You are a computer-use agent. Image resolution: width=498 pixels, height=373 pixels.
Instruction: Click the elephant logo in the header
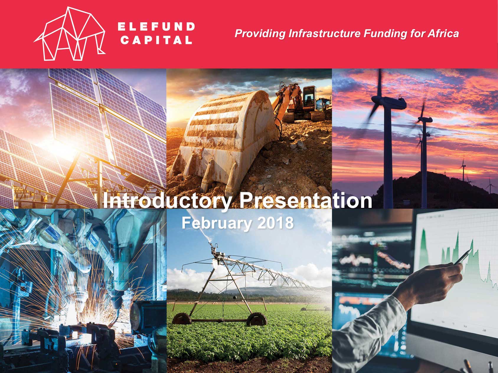(70, 34)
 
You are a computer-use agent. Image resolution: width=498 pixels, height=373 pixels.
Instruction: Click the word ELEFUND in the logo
(156, 27)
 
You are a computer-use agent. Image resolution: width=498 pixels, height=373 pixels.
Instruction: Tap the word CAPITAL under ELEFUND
(156, 40)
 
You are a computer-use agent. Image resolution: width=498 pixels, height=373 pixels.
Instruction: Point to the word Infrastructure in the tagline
(324, 33)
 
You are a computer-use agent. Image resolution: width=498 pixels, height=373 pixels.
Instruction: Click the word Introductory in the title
(167, 201)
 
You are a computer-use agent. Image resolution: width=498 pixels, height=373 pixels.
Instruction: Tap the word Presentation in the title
(306, 201)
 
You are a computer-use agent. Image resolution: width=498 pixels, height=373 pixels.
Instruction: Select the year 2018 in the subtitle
(275, 223)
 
